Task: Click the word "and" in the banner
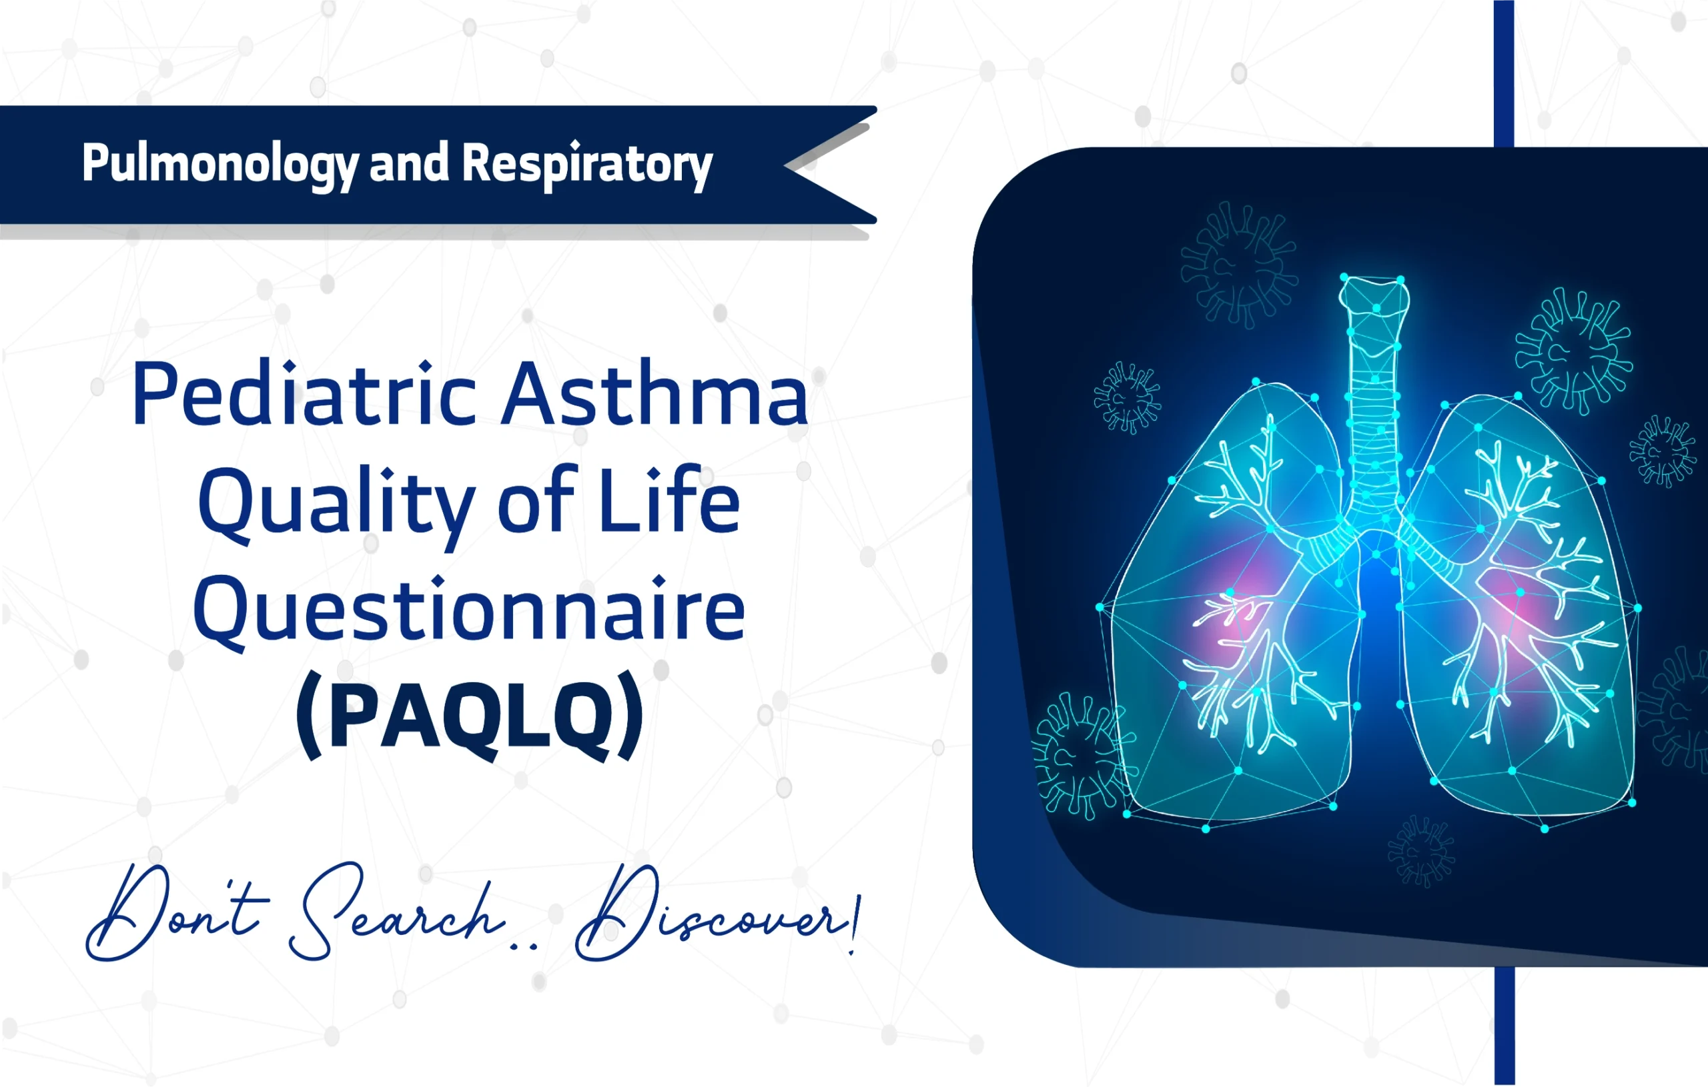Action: pos(409,163)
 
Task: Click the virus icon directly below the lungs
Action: pos(1420,850)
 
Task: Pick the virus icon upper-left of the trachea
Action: pos(1238,264)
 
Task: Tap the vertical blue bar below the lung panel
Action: pos(1504,1024)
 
